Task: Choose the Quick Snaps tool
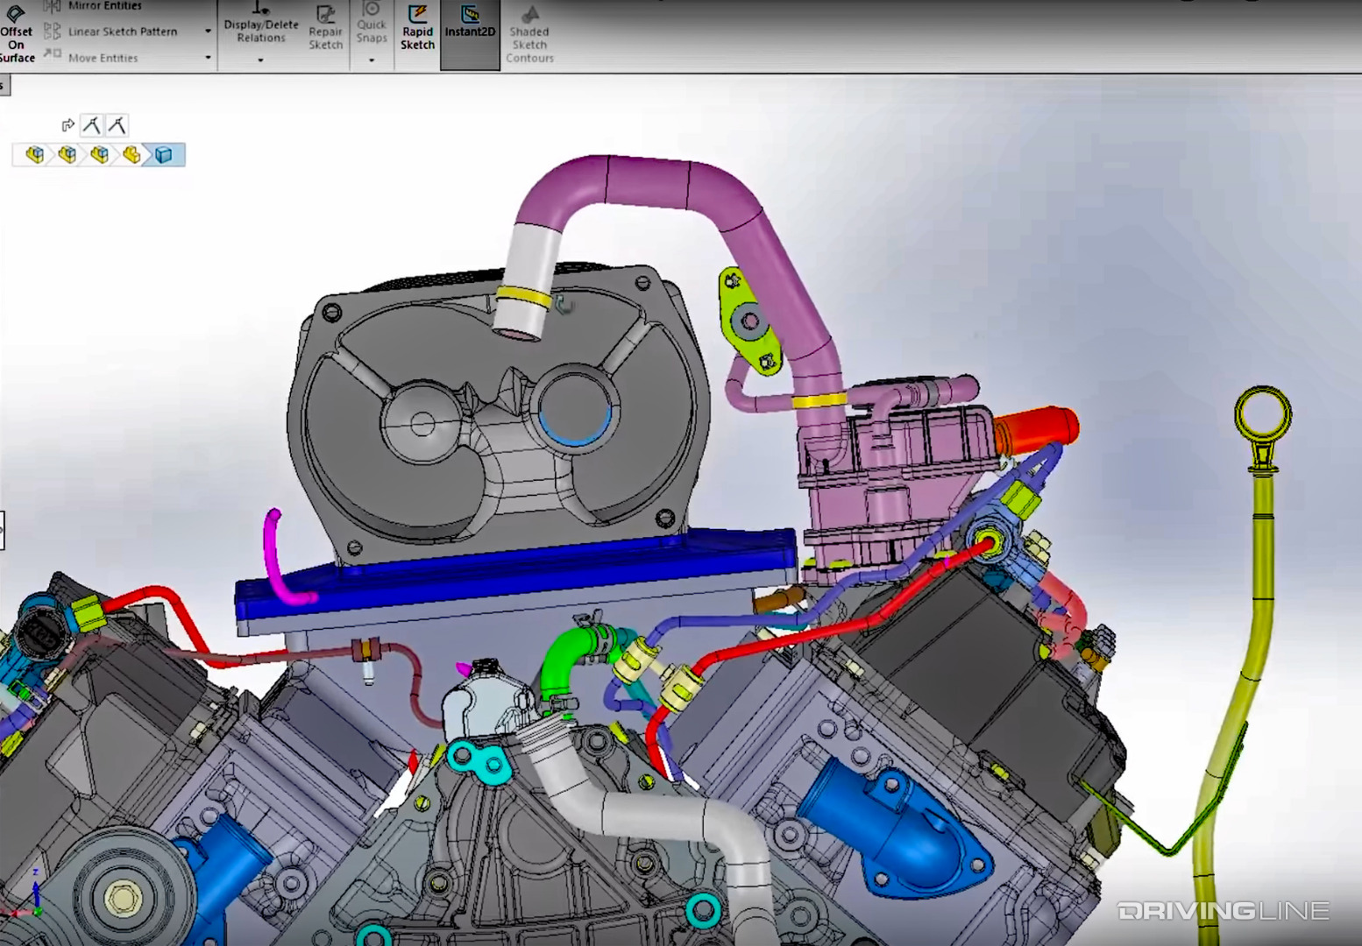coord(371,25)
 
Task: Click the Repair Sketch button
coord(325,28)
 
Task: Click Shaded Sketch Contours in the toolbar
coord(529,35)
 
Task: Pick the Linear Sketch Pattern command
coord(122,32)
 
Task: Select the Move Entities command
coord(103,58)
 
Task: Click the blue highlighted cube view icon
coord(164,155)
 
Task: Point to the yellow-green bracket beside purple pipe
coord(747,321)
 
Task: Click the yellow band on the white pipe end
coord(523,297)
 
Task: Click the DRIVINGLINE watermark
coord(1223,911)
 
